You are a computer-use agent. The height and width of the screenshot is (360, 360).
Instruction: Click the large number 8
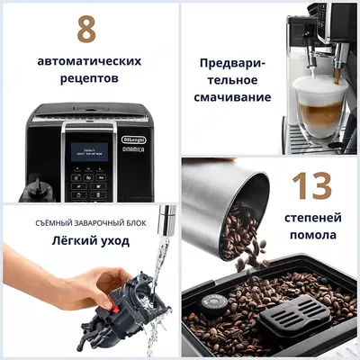[x=86, y=29]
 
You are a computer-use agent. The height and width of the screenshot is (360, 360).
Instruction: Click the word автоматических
[x=89, y=61]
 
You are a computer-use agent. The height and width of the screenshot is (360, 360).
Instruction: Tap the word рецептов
[x=89, y=79]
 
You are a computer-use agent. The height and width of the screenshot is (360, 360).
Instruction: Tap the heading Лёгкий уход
[x=89, y=240]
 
